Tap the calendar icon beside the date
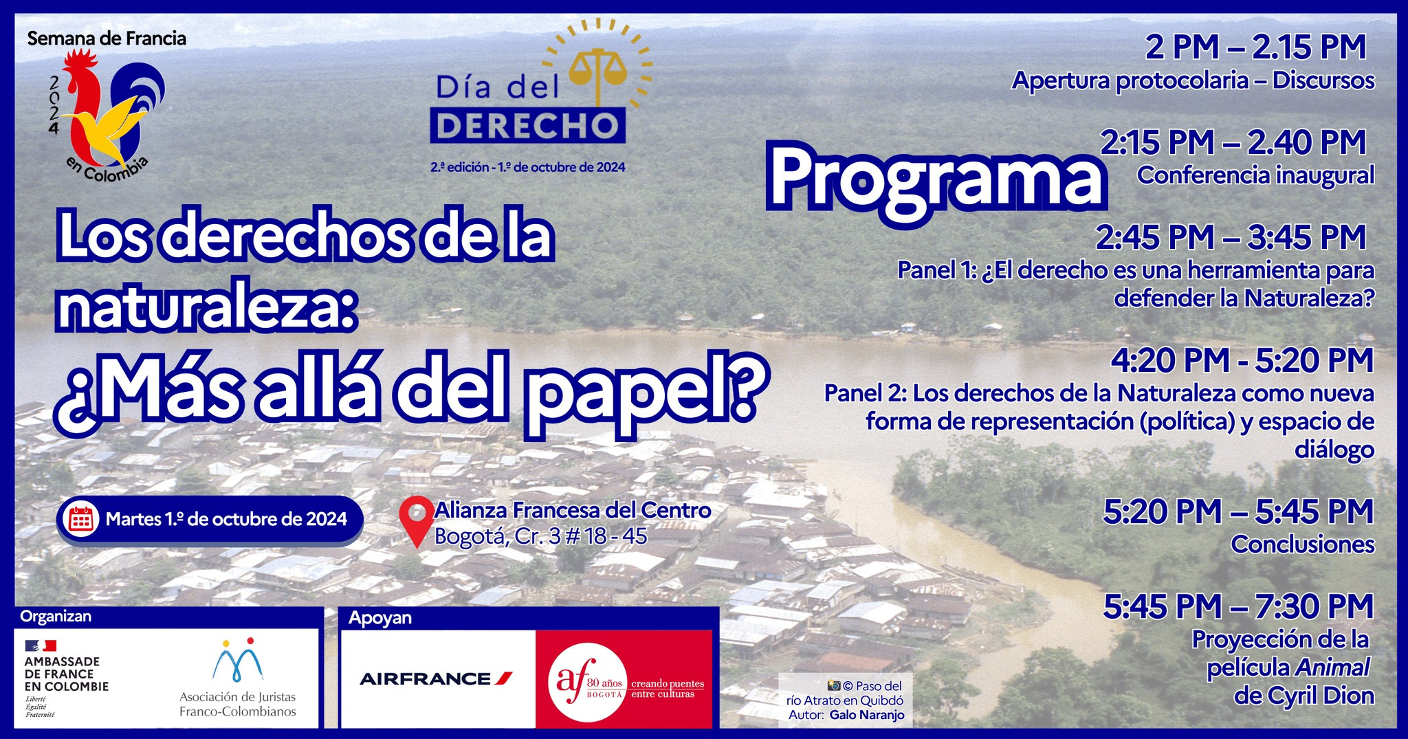[x=81, y=519]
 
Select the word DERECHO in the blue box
[x=528, y=125]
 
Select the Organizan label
[x=56, y=616]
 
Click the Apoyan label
[x=380, y=618]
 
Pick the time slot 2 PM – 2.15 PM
[x=1255, y=47]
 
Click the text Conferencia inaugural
[x=1255, y=175]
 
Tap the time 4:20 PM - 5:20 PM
[x=1242, y=360]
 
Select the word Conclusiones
[x=1302, y=544]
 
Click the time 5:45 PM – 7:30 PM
[x=1238, y=606]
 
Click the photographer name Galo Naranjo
[x=866, y=716]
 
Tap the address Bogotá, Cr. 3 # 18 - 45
[x=541, y=536]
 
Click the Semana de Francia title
[x=107, y=38]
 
